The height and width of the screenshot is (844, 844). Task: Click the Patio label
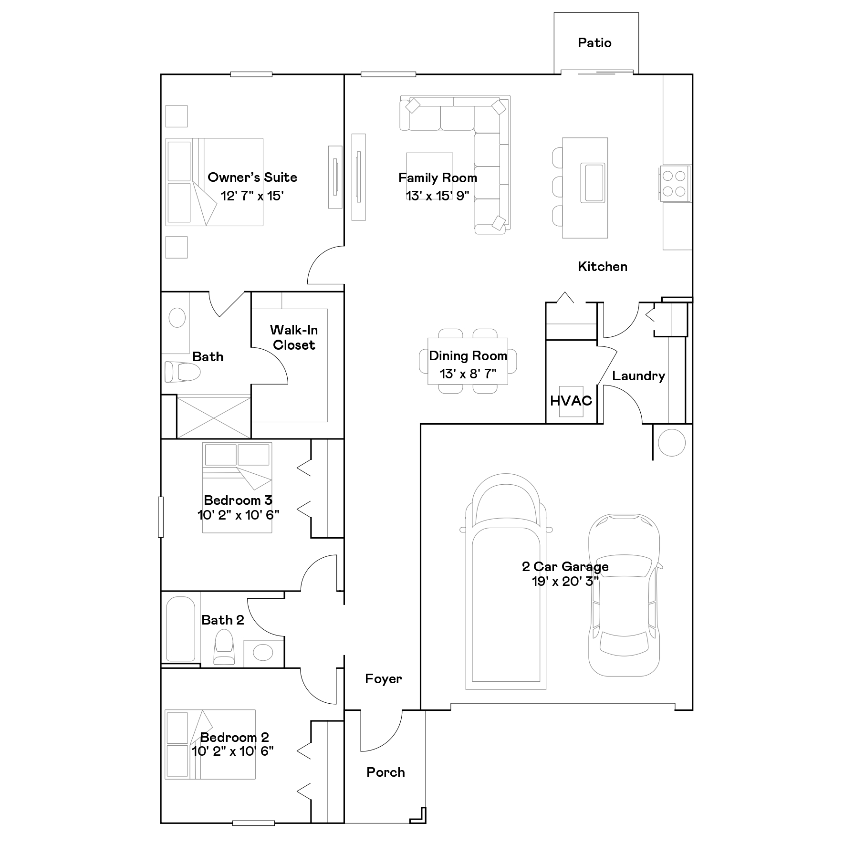pos(594,43)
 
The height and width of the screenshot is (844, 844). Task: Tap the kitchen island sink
pos(593,183)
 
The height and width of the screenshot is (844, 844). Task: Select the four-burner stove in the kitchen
pos(674,184)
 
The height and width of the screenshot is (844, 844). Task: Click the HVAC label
pos(571,401)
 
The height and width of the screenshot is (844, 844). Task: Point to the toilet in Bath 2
pos(224,647)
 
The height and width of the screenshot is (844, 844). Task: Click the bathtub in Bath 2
pos(180,629)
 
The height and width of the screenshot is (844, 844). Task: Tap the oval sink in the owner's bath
pos(177,318)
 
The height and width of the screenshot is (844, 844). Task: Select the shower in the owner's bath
pos(214,417)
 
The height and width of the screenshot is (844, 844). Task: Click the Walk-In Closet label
pos(294,337)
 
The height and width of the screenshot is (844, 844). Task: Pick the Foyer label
pos(384,678)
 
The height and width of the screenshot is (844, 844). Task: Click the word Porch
pos(386,772)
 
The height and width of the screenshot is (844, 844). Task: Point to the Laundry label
pos(638,376)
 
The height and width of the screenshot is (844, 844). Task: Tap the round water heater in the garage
pos(672,443)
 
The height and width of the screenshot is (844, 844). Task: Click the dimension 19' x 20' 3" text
pos(565,581)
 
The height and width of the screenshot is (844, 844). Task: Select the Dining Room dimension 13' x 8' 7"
pos(468,374)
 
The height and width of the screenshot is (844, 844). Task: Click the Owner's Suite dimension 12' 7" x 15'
pos(252,196)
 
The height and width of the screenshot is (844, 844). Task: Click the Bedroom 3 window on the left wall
pos(161,517)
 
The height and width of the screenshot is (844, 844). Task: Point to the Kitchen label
pos(603,266)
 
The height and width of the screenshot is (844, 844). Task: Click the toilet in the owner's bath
pos(182,372)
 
